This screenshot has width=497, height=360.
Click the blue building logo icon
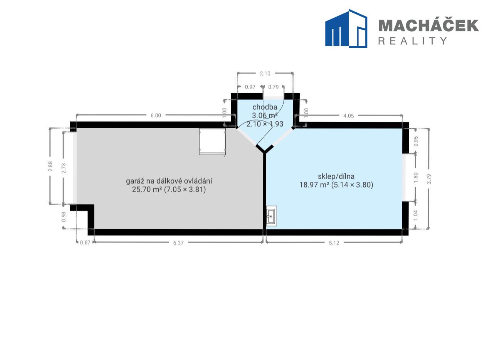pyautogui.click(x=346, y=28)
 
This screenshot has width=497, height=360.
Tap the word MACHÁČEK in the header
pyautogui.click(x=428, y=25)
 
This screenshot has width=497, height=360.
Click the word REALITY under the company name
pyautogui.click(x=413, y=41)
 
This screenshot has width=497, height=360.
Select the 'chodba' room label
pyautogui.click(x=265, y=107)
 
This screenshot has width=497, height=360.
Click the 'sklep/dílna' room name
pyautogui.click(x=336, y=176)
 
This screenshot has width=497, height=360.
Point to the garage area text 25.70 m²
pyautogui.click(x=147, y=189)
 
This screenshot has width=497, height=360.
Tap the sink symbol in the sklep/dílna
pyautogui.click(x=271, y=216)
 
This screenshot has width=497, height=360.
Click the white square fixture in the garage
pyautogui.click(x=212, y=141)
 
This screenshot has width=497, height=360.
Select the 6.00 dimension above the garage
pyautogui.click(x=156, y=115)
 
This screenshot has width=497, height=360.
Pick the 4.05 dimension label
pyautogui.click(x=349, y=116)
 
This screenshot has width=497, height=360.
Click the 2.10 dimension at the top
pyautogui.click(x=265, y=74)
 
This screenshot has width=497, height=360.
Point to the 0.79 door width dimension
pyautogui.click(x=274, y=87)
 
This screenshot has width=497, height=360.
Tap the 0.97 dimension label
pyautogui.click(x=250, y=87)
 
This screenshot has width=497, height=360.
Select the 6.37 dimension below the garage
pyautogui.click(x=178, y=243)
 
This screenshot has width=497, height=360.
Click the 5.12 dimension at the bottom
pyautogui.click(x=334, y=243)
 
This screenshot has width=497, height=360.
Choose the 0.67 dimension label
pyautogui.click(x=85, y=243)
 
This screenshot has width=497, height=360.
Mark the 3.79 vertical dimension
pyautogui.click(x=429, y=179)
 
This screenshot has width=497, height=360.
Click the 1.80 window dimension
pyautogui.click(x=416, y=177)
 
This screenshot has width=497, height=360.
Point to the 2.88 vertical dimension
pyautogui.click(x=50, y=166)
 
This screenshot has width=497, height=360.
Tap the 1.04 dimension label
pyautogui.click(x=416, y=215)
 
